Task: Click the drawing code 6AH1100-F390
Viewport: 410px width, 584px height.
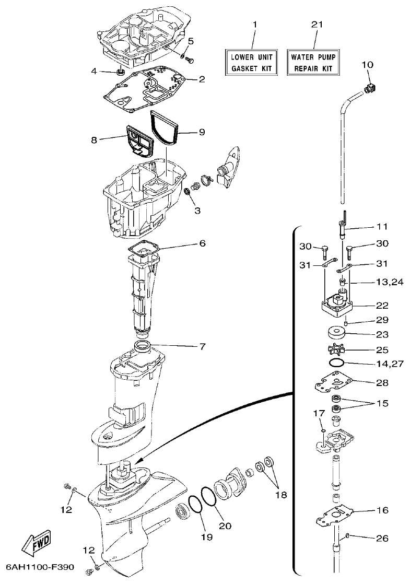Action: tap(40, 566)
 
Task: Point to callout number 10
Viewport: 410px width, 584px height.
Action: tap(367, 64)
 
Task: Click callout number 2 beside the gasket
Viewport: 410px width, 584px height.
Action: tap(201, 79)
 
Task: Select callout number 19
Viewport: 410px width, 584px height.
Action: tap(203, 536)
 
